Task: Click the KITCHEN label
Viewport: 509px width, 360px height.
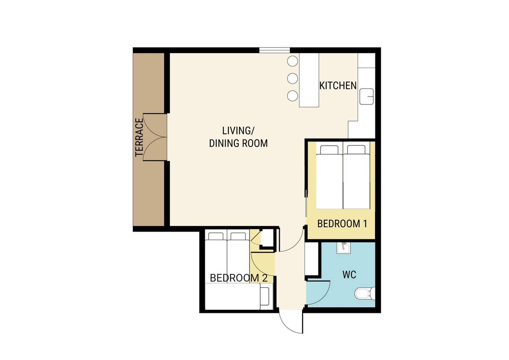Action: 338,86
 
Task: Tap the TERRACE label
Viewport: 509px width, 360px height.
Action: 139,137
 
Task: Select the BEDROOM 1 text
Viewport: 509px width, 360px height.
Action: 342,224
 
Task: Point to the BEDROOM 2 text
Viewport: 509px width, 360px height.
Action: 238,278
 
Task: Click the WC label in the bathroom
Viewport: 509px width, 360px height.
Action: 349,275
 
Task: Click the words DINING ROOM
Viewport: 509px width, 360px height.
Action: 238,143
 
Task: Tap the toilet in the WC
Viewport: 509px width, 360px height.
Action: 365,294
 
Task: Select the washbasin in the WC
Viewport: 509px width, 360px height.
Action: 344,248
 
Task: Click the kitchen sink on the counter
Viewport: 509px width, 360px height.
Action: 367,97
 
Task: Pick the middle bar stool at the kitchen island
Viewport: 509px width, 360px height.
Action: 292,78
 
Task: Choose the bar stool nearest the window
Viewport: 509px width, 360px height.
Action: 292,61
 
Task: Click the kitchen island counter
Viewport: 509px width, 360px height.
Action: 309,80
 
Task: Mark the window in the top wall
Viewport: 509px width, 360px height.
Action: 274,50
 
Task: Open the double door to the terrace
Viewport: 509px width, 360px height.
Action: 155,137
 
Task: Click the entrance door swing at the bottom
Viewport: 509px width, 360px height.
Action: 291,321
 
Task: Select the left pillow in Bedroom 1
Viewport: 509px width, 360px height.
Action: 329,150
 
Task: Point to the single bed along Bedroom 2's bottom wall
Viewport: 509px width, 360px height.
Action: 239,296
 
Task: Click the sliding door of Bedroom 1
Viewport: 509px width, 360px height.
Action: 306,203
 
